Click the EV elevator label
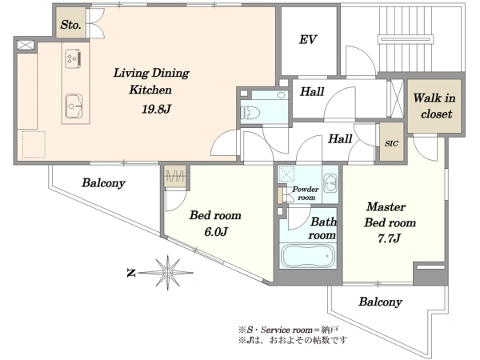coord(308,40)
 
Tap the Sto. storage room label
coord(70,25)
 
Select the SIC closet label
coord(391,143)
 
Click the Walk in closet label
coord(434,106)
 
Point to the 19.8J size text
coord(156,109)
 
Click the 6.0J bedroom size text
coord(216,232)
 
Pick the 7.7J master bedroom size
coord(389,238)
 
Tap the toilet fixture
coord(250,113)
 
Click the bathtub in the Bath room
coord(308,256)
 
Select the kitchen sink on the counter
coord(74,106)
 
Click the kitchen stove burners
coord(73,58)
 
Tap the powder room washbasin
coord(330,183)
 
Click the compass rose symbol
coord(167,273)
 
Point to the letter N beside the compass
coord(131,273)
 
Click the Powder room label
coord(306,193)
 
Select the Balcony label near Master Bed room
coord(380,302)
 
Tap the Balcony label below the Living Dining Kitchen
coord(103,183)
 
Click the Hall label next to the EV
coord(312,91)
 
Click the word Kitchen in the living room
coord(150,90)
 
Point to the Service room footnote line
coord(288,330)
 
